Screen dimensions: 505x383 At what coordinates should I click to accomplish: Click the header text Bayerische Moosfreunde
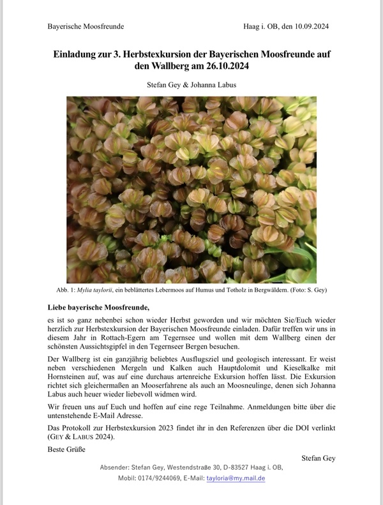(86, 26)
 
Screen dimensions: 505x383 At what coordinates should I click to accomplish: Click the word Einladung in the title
(80, 52)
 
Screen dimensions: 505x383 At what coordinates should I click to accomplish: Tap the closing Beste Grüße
(66, 449)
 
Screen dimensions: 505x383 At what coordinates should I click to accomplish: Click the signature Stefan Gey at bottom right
(318, 458)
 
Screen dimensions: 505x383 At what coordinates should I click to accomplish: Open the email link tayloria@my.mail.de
(236, 478)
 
